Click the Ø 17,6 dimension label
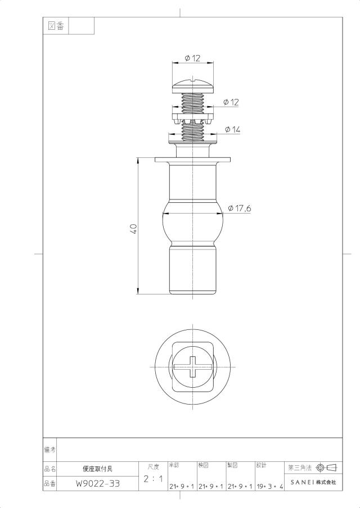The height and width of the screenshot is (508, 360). click(240, 208)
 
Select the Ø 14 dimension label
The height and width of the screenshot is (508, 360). click(232, 130)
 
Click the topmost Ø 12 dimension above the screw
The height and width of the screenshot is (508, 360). click(192, 58)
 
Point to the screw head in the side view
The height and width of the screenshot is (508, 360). click(193, 85)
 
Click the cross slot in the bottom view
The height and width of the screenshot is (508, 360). click(193, 367)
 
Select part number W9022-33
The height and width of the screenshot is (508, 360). click(98, 484)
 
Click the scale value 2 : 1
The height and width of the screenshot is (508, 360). click(153, 479)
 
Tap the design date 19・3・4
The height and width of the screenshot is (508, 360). click(270, 487)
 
